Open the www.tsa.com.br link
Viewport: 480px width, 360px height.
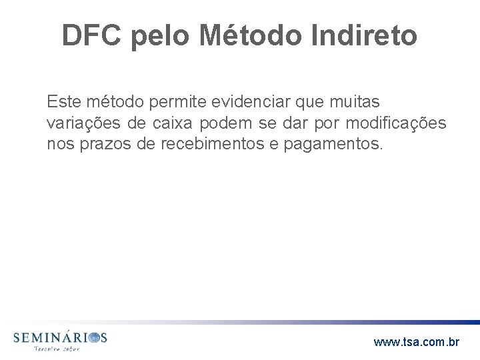pyautogui.click(x=416, y=342)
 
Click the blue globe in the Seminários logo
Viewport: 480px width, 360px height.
pyautogui.click(x=96, y=339)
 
